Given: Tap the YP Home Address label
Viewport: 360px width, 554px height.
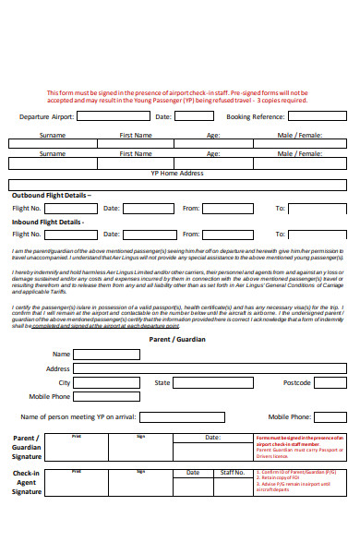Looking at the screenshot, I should point(176,173).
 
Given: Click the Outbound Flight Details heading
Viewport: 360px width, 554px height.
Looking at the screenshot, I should point(51,196).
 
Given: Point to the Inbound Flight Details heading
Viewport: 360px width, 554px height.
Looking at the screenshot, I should point(47,222).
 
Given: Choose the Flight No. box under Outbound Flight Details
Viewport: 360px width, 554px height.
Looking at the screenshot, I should point(70,209).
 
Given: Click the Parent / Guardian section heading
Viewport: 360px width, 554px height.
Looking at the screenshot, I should point(176,339).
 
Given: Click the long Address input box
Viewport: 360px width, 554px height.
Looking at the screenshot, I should point(209,368).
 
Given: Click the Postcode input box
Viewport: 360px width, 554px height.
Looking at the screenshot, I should point(330,382).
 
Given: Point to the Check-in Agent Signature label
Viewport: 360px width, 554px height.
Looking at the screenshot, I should point(26,482).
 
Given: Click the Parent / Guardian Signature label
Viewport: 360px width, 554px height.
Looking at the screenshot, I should point(26,447).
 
